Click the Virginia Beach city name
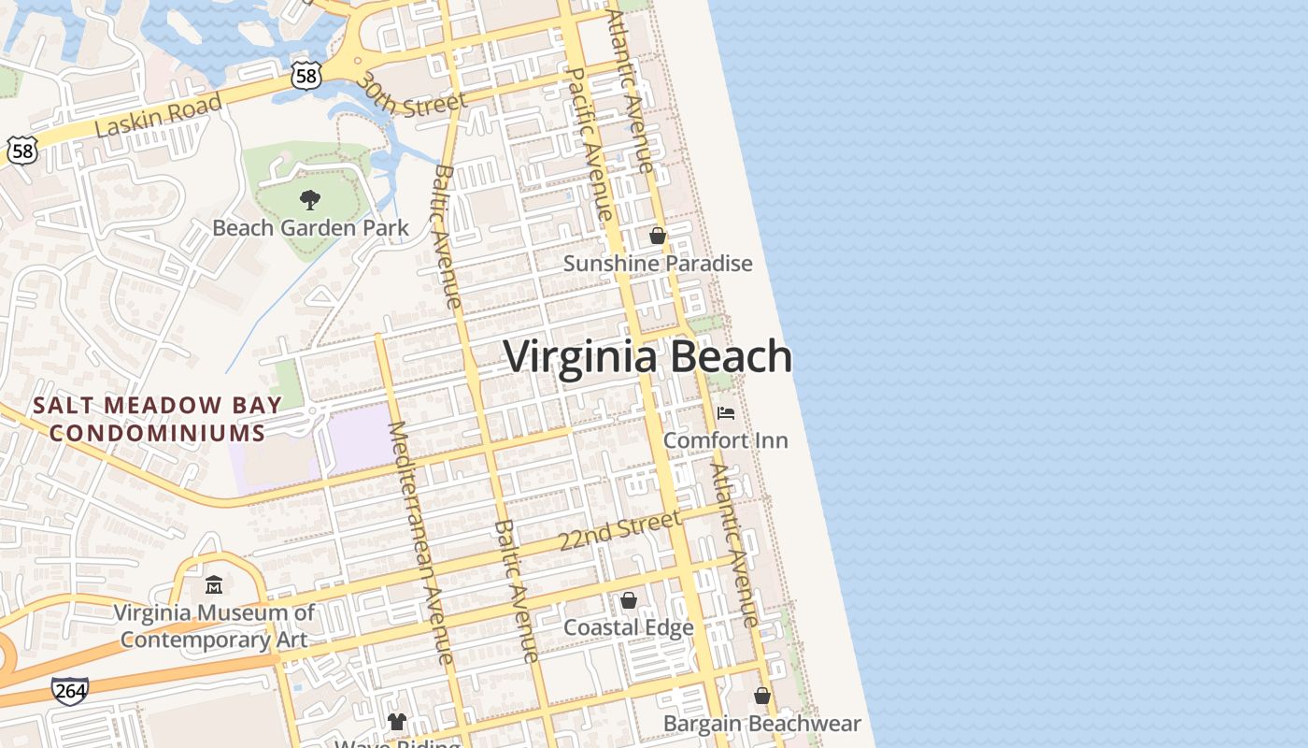coord(647,357)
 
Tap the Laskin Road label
coord(158,116)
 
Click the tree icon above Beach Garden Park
coord(310,199)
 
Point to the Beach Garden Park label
coord(310,227)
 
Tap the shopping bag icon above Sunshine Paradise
coord(658,236)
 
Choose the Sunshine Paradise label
coord(658,264)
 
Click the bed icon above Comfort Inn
coord(726,412)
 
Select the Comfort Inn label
coord(726,439)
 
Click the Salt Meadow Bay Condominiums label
coord(157,419)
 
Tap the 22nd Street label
coord(619,530)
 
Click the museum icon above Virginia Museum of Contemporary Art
coord(214,585)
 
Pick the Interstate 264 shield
coord(70,691)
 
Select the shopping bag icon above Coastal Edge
coord(629,599)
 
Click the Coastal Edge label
coord(629,627)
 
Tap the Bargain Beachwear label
coord(761,724)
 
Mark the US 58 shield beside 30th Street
coord(306,75)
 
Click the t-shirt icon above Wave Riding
coord(397,721)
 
